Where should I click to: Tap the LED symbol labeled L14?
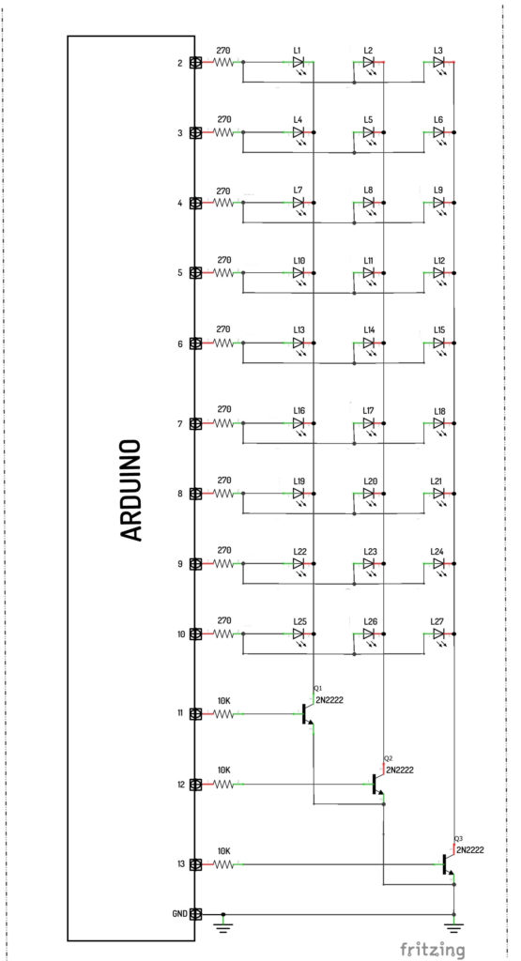click(369, 345)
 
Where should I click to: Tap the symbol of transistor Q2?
click(376, 784)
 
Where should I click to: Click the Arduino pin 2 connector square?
click(196, 62)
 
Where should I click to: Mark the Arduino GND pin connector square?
click(196, 914)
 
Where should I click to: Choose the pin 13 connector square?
click(196, 864)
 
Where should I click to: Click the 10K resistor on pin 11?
click(223, 714)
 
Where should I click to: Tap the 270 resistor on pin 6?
click(223, 343)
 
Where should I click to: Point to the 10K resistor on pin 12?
click(223, 784)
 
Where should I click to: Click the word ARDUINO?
click(131, 489)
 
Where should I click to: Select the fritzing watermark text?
click(433, 949)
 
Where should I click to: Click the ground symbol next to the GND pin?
click(223, 922)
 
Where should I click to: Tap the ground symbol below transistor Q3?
click(453, 922)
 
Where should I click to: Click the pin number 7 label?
click(180, 423)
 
